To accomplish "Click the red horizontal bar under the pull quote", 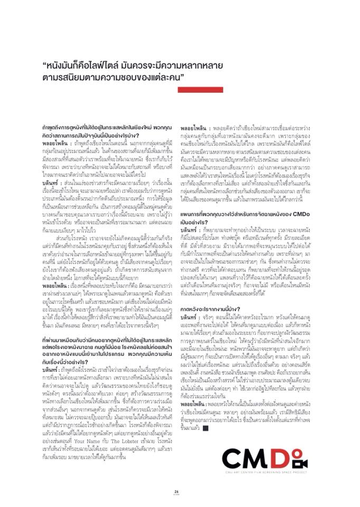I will (x=201, y=90).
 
